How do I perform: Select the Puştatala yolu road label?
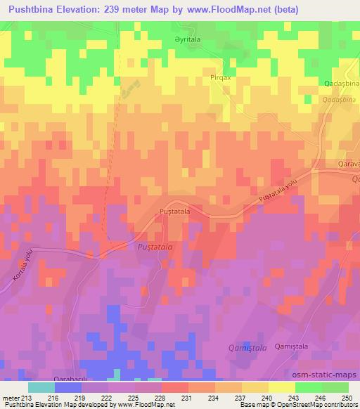tap(283, 190)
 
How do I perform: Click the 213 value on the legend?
tap(27, 398)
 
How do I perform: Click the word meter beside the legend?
tap(11, 398)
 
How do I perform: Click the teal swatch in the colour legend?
tap(41, 387)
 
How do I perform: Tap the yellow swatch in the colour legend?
tap(282, 387)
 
